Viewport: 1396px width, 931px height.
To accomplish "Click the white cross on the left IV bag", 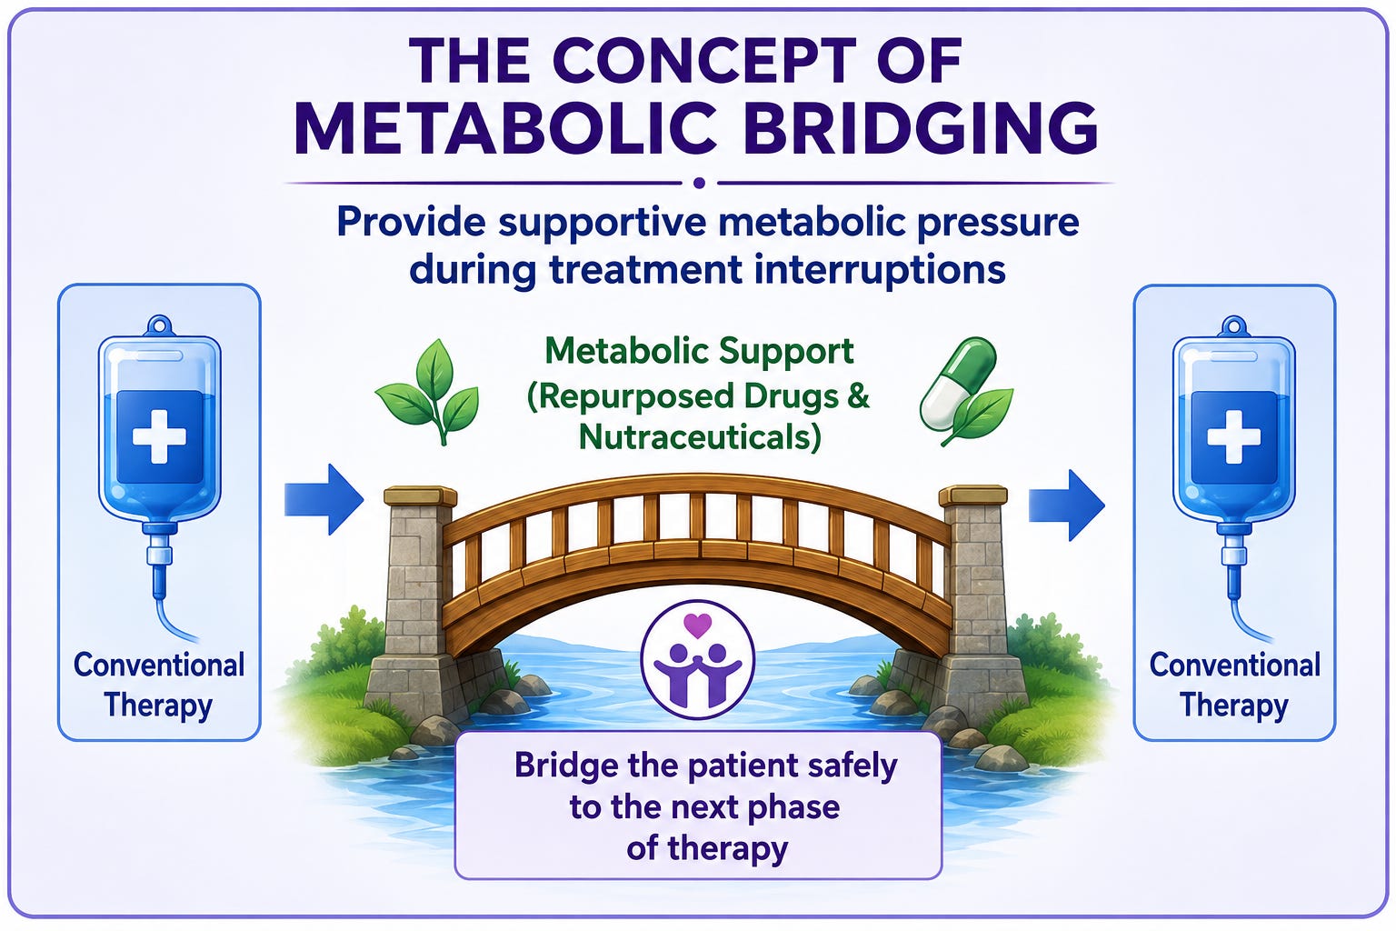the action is tap(160, 436).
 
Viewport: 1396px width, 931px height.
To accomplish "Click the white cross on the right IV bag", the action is tap(1234, 436).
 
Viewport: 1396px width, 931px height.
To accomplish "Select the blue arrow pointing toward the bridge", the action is tap(324, 499).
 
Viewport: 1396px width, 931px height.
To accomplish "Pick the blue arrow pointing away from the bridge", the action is tap(1066, 506).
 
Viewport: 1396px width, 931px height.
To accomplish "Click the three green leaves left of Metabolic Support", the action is tap(427, 391).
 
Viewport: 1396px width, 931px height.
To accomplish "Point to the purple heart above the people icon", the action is tap(697, 626).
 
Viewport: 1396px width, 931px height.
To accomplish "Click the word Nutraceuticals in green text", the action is tap(700, 436).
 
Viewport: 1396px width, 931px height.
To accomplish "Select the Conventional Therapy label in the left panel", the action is tap(159, 686).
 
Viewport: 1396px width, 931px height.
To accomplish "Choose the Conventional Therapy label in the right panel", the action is tap(1234, 686).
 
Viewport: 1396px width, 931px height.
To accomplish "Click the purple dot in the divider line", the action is tap(699, 183).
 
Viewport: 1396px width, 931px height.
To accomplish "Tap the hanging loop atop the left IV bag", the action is tap(160, 325).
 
